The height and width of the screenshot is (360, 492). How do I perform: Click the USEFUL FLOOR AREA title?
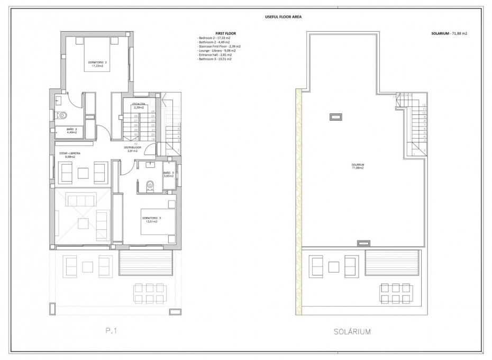pos(284,16)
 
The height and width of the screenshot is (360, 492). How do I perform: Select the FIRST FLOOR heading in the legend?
pos(226,34)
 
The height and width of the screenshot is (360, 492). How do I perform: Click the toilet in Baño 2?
pos(62,114)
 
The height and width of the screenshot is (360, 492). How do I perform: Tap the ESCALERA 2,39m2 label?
pos(140,105)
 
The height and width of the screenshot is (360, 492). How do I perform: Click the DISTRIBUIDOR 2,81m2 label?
pos(131,149)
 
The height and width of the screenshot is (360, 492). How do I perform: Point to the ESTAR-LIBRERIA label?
pos(70,155)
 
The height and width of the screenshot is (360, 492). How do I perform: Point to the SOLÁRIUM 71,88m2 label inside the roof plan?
pos(358,166)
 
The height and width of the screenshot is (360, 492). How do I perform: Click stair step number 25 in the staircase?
pos(153,112)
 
